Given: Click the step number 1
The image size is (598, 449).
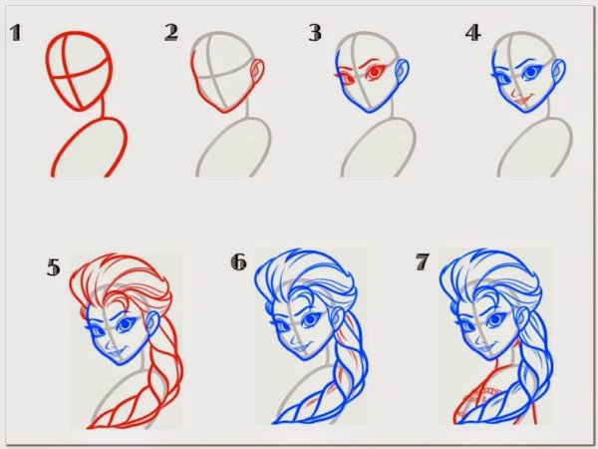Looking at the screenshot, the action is coord(15,33).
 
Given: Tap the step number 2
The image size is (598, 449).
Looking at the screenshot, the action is coord(171,33).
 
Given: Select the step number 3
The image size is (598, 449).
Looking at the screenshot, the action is coord(315,33).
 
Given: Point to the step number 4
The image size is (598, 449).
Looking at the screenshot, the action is coord(472,33).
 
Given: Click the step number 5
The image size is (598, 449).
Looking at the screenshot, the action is coord(54,266).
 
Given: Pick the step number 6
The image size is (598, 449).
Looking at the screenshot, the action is coord(239,261).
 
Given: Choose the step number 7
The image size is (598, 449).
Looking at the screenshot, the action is coord(423,261).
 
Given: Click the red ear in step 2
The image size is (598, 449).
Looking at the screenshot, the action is coord(257,72).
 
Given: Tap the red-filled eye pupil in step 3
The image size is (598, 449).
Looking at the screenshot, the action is coord(375,72).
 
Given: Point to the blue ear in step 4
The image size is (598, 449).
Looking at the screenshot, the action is coord(559,72).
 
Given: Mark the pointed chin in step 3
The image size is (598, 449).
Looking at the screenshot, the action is coord(369,111).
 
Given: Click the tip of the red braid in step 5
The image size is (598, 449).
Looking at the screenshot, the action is coord(89,427).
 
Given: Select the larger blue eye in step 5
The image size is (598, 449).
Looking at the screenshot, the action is coord(127,324).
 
